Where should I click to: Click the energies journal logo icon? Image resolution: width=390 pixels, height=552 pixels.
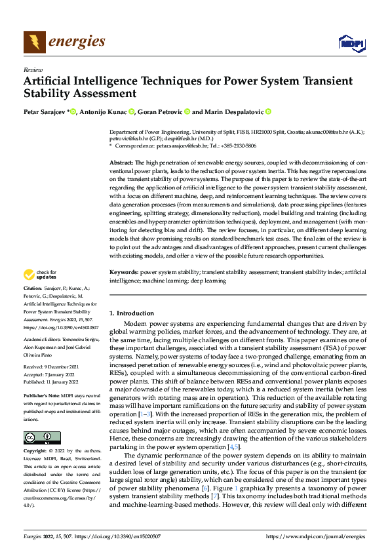pos(35,42)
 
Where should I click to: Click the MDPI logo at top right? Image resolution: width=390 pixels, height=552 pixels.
pos(351,43)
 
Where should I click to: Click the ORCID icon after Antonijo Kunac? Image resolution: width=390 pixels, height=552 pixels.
pos(131,112)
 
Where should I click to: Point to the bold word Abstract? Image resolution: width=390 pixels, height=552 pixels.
pos(121,161)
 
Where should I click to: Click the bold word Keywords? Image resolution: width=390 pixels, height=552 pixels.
pos(123,289)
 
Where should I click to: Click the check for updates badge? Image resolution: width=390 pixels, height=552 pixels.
pos(41,292)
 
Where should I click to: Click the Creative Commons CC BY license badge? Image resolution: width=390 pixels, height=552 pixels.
pos(41,437)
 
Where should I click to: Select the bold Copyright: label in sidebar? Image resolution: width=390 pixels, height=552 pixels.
pos(36,452)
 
